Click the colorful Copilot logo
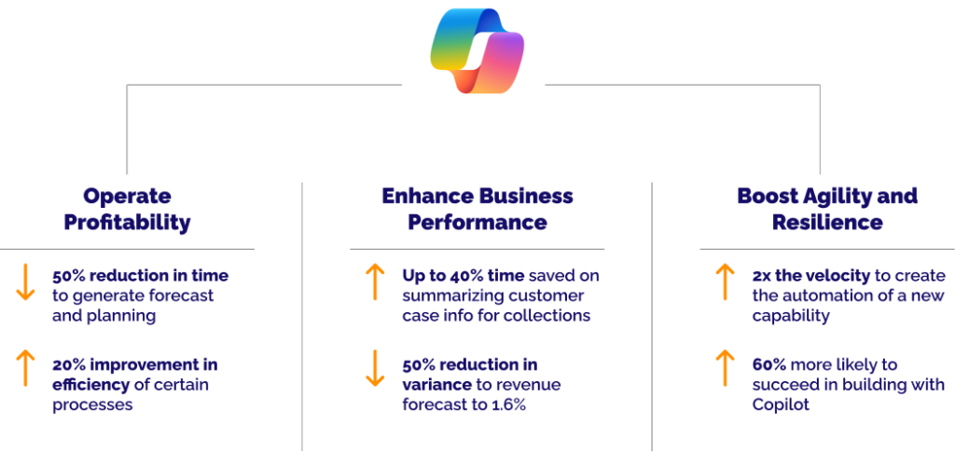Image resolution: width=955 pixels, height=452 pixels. (x=477, y=51)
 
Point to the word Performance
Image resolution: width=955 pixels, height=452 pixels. (x=477, y=223)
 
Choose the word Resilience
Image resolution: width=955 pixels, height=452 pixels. (x=827, y=223)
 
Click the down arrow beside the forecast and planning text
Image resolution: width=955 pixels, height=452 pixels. (x=26, y=281)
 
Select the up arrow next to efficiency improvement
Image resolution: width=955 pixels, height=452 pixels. (x=26, y=368)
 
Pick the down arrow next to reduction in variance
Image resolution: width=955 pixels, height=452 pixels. (x=374, y=368)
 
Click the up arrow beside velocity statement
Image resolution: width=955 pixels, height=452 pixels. (x=725, y=281)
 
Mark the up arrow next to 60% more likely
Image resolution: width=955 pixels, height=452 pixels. (x=725, y=368)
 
